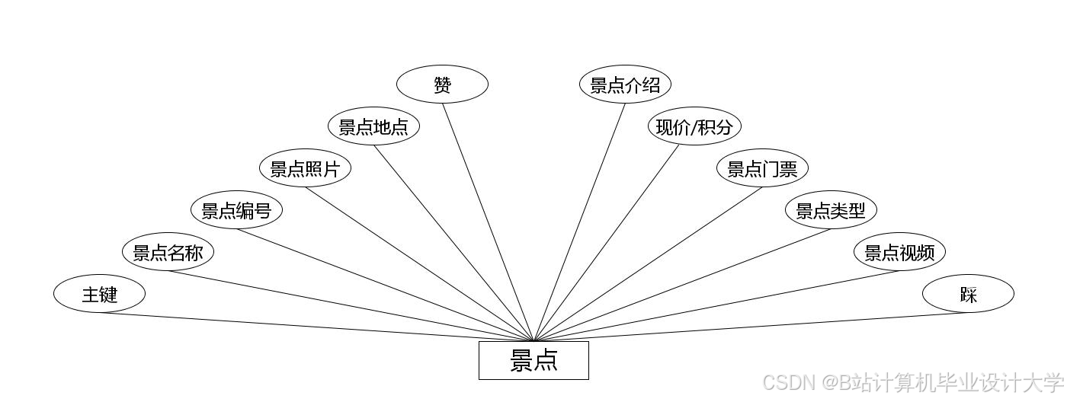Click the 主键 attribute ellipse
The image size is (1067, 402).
pos(99,294)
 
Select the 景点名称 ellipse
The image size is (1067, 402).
pos(168,252)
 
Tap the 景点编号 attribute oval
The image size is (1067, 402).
pos(236,210)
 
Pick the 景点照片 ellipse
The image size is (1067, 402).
pos(305,168)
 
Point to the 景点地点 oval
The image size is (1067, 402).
pos(373,126)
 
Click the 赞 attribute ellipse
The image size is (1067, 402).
pos(442,85)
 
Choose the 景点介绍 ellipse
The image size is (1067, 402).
pos(625,85)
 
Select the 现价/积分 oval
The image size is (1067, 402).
pos(694,126)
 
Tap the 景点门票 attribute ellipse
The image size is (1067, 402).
pos(762,168)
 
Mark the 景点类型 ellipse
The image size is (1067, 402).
pos(831,210)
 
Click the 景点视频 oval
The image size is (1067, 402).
pos(899,252)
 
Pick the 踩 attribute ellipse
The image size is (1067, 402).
pos(968,294)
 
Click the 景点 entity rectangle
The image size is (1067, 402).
pos(533,360)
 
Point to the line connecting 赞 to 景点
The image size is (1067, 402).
pos(488,222)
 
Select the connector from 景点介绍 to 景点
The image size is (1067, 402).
pos(579,222)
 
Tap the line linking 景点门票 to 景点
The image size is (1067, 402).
pos(648,264)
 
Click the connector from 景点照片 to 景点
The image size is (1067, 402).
pos(419,264)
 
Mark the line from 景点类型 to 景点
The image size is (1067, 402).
pos(682,285)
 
